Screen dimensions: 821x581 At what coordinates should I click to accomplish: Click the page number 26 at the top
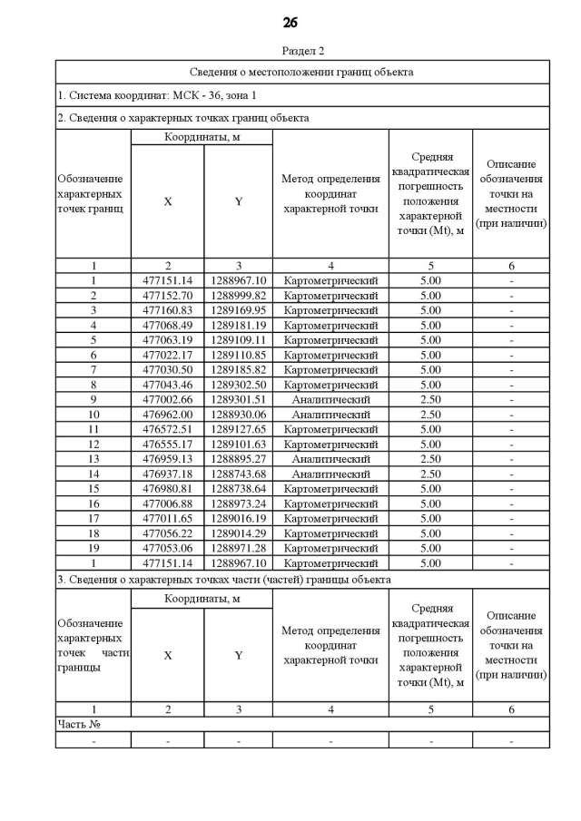tap(290, 22)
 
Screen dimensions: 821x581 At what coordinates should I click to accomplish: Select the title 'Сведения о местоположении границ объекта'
tap(302, 72)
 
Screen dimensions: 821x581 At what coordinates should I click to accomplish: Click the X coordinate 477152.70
tap(167, 296)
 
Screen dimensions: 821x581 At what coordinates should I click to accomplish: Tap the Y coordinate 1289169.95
tap(238, 310)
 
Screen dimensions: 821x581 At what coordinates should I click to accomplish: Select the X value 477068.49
tap(167, 325)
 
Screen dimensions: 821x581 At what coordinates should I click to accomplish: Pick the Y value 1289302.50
tap(238, 385)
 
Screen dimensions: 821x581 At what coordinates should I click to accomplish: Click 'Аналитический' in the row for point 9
tap(330, 399)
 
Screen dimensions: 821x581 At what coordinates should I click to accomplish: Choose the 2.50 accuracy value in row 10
tap(430, 415)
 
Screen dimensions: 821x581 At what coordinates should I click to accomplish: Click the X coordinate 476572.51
tap(167, 429)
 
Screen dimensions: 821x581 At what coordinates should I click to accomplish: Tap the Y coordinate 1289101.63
tap(238, 444)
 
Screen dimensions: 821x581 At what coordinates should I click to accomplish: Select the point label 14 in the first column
tap(93, 474)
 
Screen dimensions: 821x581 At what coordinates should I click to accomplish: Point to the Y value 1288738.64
tap(238, 488)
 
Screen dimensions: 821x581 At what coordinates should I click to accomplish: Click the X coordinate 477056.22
tap(167, 533)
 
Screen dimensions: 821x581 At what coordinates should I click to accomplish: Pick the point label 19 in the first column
tap(93, 548)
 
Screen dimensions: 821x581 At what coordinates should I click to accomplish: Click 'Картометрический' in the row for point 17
tap(330, 518)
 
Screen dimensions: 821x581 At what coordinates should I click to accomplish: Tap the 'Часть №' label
tap(78, 725)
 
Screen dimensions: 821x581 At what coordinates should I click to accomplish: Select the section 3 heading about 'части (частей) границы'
tap(223, 579)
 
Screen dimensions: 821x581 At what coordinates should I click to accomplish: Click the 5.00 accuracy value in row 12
tap(430, 444)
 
